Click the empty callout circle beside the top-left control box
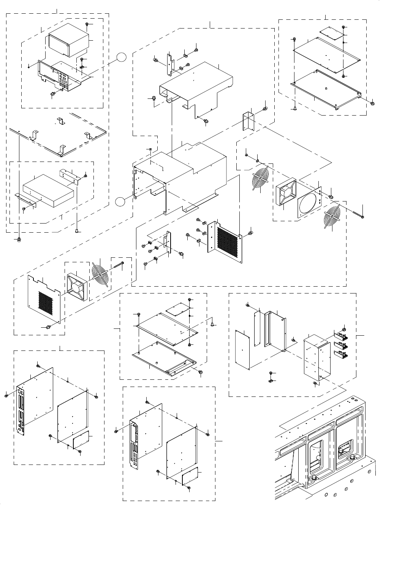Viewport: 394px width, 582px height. pos(121,57)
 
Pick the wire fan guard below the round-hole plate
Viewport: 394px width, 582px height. pos(331,219)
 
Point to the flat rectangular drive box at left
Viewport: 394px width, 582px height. pos(48,191)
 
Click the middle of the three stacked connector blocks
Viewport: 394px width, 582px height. pos(342,346)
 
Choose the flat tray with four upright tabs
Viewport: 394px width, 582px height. pos(57,133)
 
